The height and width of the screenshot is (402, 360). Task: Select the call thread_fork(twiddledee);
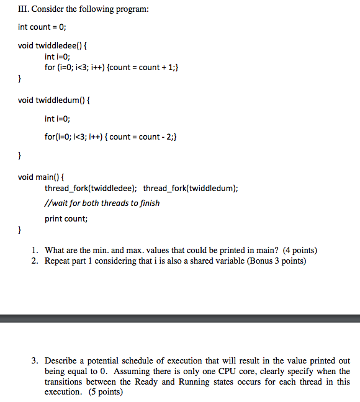[x=91, y=188]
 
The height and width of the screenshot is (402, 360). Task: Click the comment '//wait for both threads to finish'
[x=102, y=203]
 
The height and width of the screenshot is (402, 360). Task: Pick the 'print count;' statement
[x=66, y=218]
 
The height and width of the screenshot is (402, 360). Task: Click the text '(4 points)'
[x=300, y=251]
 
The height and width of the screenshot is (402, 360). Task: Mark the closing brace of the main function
[x=20, y=231]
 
